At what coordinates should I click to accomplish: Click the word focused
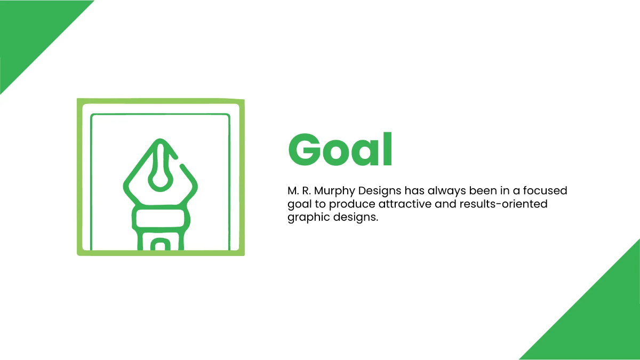547,190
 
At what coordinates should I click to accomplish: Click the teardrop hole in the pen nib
160,179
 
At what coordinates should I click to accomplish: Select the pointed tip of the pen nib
161,143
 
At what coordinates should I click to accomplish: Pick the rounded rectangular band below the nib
161,219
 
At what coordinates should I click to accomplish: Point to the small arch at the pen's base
161,244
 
